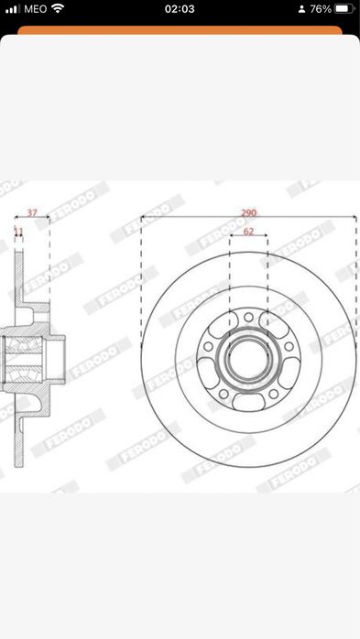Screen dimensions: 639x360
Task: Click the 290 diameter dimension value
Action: pos(248,212)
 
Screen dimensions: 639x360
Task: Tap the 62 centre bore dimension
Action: pos(248,232)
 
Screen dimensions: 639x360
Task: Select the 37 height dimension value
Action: pos(33,212)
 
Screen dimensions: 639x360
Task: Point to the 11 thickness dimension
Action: pos(18,232)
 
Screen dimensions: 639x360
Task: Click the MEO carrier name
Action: pos(35,8)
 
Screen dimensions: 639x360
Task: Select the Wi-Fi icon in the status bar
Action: pos(58,8)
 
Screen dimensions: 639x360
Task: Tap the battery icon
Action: pos(344,8)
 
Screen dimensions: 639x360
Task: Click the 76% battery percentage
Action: pos(321,8)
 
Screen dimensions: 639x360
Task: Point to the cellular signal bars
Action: pos(11,8)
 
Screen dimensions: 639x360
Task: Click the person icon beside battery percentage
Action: pos(300,8)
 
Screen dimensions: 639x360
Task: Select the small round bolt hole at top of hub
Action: pos(248,317)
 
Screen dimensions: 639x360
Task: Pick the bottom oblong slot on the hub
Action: pos(248,400)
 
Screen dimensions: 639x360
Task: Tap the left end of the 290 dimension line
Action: pos(142,218)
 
